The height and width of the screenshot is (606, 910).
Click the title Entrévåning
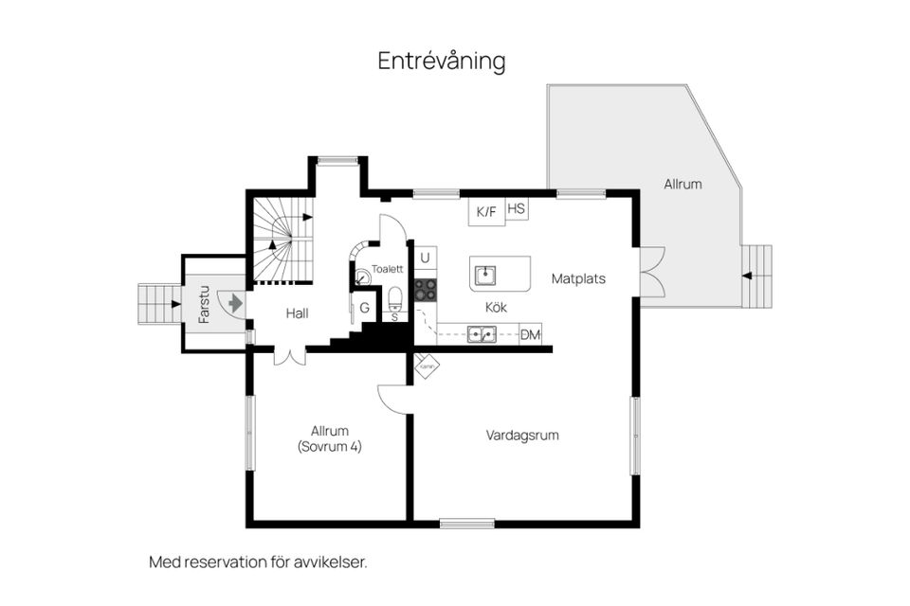441,62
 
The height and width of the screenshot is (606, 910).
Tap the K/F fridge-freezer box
486,211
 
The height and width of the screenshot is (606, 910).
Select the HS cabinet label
517,208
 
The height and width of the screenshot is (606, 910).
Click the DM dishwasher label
530,333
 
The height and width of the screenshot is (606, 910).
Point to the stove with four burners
426,289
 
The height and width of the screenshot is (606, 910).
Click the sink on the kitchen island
485,275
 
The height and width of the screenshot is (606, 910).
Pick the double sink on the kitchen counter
481,333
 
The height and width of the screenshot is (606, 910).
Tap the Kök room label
497,308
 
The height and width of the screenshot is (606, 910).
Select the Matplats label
578,279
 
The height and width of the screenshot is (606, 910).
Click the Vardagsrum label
522,436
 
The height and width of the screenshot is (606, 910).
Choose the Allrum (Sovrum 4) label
329,438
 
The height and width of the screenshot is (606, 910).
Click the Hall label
297,313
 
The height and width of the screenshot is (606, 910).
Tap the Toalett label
388,268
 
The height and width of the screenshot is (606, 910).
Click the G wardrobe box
363,309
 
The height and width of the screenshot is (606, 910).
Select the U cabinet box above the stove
425,257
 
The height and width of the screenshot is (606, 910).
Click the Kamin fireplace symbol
427,365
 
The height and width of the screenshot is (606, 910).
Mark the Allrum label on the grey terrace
682,184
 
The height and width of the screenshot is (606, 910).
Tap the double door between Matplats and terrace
650,272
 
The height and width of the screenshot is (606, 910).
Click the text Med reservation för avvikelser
258,561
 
